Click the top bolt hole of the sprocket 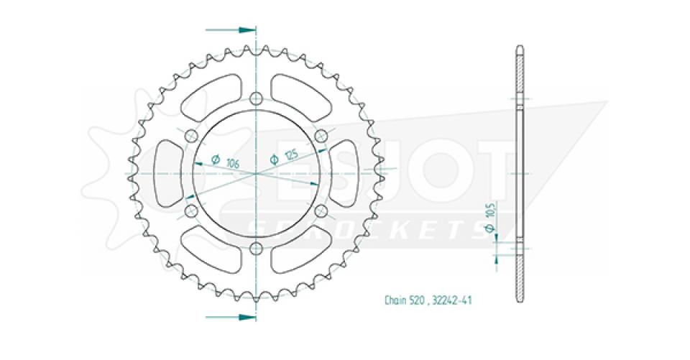[x=257, y=99]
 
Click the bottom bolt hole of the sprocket [x=257, y=249]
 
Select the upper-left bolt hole [x=191, y=137]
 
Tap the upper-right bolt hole [x=321, y=137]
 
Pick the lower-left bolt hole [x=191, y=211]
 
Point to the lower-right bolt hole [x=321, y=211]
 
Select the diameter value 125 [x=290, y=153]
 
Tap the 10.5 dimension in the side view [x=490, y=213]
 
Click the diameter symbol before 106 [x=216, y=158]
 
